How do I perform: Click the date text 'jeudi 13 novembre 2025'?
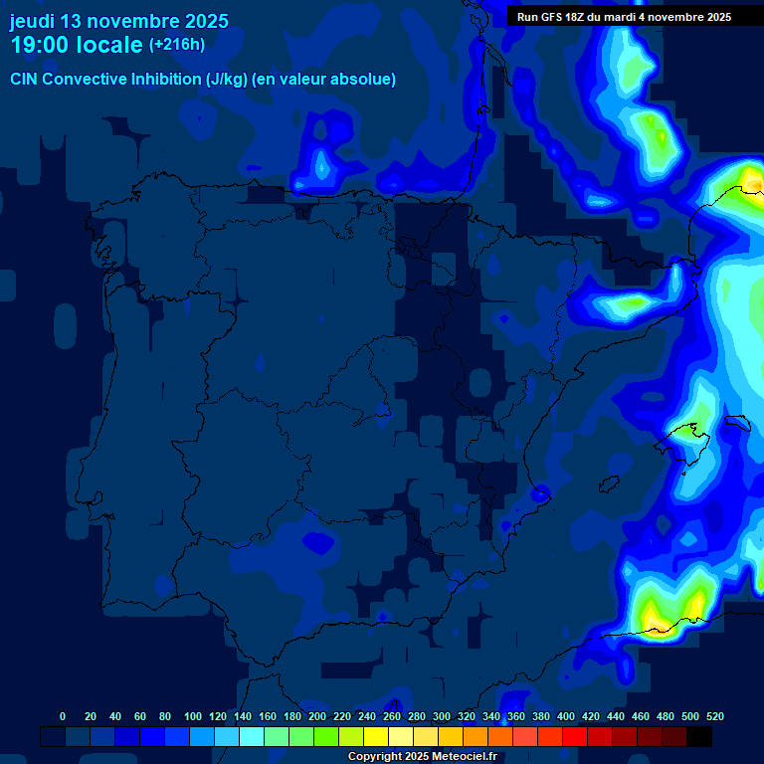pos(118,21)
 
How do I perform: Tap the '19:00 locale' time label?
pos(77,45)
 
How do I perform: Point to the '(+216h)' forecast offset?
pos(177,45)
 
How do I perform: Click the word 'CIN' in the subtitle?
pos(26,80)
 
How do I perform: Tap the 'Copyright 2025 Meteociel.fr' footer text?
pos(423,757)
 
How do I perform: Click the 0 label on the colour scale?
pos(63,716)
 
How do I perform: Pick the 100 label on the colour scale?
pos(192,716)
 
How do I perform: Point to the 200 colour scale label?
pos(316,716)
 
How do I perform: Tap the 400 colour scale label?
pos(565,716)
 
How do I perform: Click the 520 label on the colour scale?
pos(714,716)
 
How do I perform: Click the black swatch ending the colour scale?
pos(699,737)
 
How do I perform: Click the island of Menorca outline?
pos(737,422)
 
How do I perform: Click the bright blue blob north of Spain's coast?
pos(320,159)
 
